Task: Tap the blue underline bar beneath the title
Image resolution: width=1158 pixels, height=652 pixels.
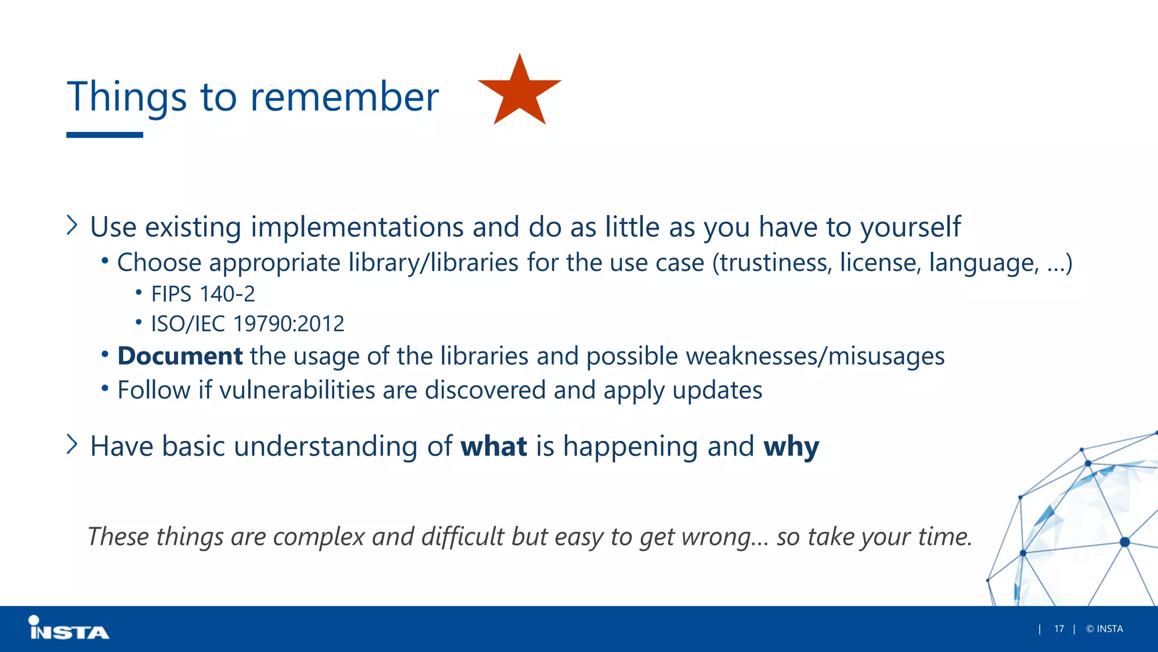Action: point(105,135)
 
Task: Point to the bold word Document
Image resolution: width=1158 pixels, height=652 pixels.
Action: point(180,356)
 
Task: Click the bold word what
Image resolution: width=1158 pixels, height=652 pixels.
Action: point(494,446)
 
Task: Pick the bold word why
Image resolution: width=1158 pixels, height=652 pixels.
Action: point(790,447)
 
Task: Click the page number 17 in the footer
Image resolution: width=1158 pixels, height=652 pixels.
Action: point(1058,629)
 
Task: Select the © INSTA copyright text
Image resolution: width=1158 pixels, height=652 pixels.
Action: point(1104,629)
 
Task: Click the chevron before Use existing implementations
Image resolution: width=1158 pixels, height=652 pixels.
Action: point(72,225)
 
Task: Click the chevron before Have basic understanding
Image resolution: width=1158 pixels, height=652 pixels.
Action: point(72,444)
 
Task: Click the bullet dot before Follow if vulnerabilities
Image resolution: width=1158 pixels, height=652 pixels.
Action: point(105,388)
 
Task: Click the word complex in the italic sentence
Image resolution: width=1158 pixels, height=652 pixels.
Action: point(319,537)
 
